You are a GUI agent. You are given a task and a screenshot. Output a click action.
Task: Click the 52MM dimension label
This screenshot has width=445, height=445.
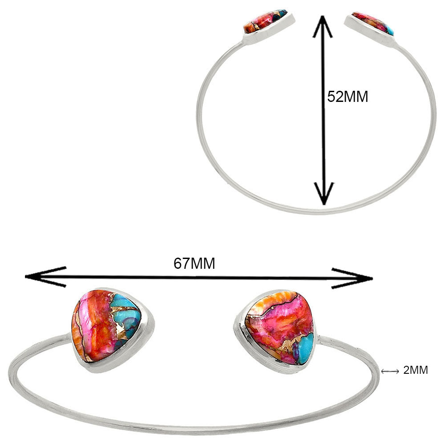click(348, 97)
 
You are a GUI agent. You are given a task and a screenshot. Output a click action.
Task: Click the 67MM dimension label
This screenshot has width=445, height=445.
click(194, 263)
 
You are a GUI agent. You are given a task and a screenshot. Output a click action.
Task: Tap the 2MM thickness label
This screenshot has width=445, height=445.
click(416, 370)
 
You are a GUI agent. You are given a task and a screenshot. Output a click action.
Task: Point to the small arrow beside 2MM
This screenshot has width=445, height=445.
click(390, 371)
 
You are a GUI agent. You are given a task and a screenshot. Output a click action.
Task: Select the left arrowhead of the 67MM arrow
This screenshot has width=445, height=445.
click(45, 277)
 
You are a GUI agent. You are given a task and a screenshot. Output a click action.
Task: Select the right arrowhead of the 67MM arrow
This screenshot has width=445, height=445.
click(352, 278)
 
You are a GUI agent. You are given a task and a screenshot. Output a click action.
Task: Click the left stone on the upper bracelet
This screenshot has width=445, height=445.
click(265, 21)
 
